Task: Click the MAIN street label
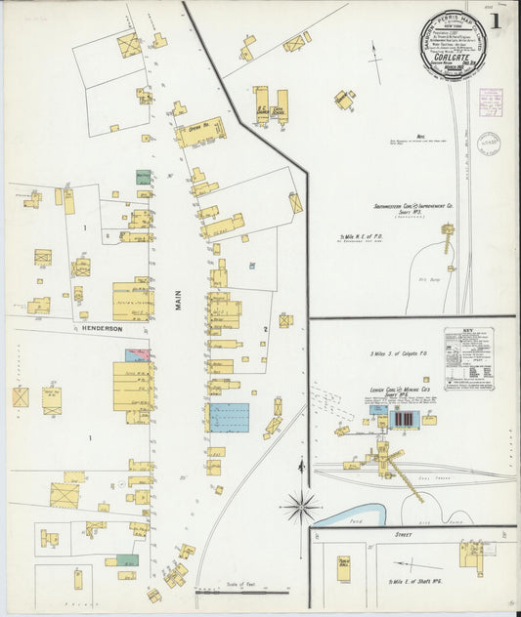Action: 179,304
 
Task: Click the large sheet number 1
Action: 499,20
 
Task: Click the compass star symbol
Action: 302,506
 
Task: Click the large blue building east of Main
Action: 229,417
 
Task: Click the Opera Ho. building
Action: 201,132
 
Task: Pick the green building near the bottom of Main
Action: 126,560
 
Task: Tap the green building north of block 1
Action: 143,179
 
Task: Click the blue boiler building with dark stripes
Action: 403,419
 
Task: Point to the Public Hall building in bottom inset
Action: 344,568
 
